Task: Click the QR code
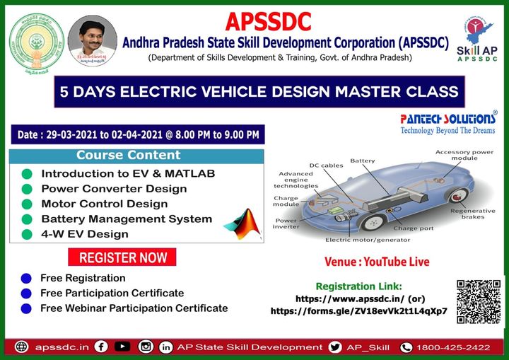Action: tap(479, 303)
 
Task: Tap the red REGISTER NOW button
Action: tap(123, 257)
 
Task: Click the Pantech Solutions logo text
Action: tap(448, 119)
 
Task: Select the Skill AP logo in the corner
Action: tap(477, 41)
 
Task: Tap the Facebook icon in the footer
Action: tap(101, 347)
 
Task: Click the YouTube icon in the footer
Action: tap(122, 347)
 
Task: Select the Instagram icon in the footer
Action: tap(146, 347)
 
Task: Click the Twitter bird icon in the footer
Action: tap(335, 347)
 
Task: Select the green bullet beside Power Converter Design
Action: tap(27, 189)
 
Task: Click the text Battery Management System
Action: tap(127, 219)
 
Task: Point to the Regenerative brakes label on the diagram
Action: tap(467, 214)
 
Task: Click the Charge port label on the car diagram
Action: tap(414, 228)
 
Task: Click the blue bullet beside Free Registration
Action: tap(27, 278)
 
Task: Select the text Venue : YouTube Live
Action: tap(377, 262)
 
